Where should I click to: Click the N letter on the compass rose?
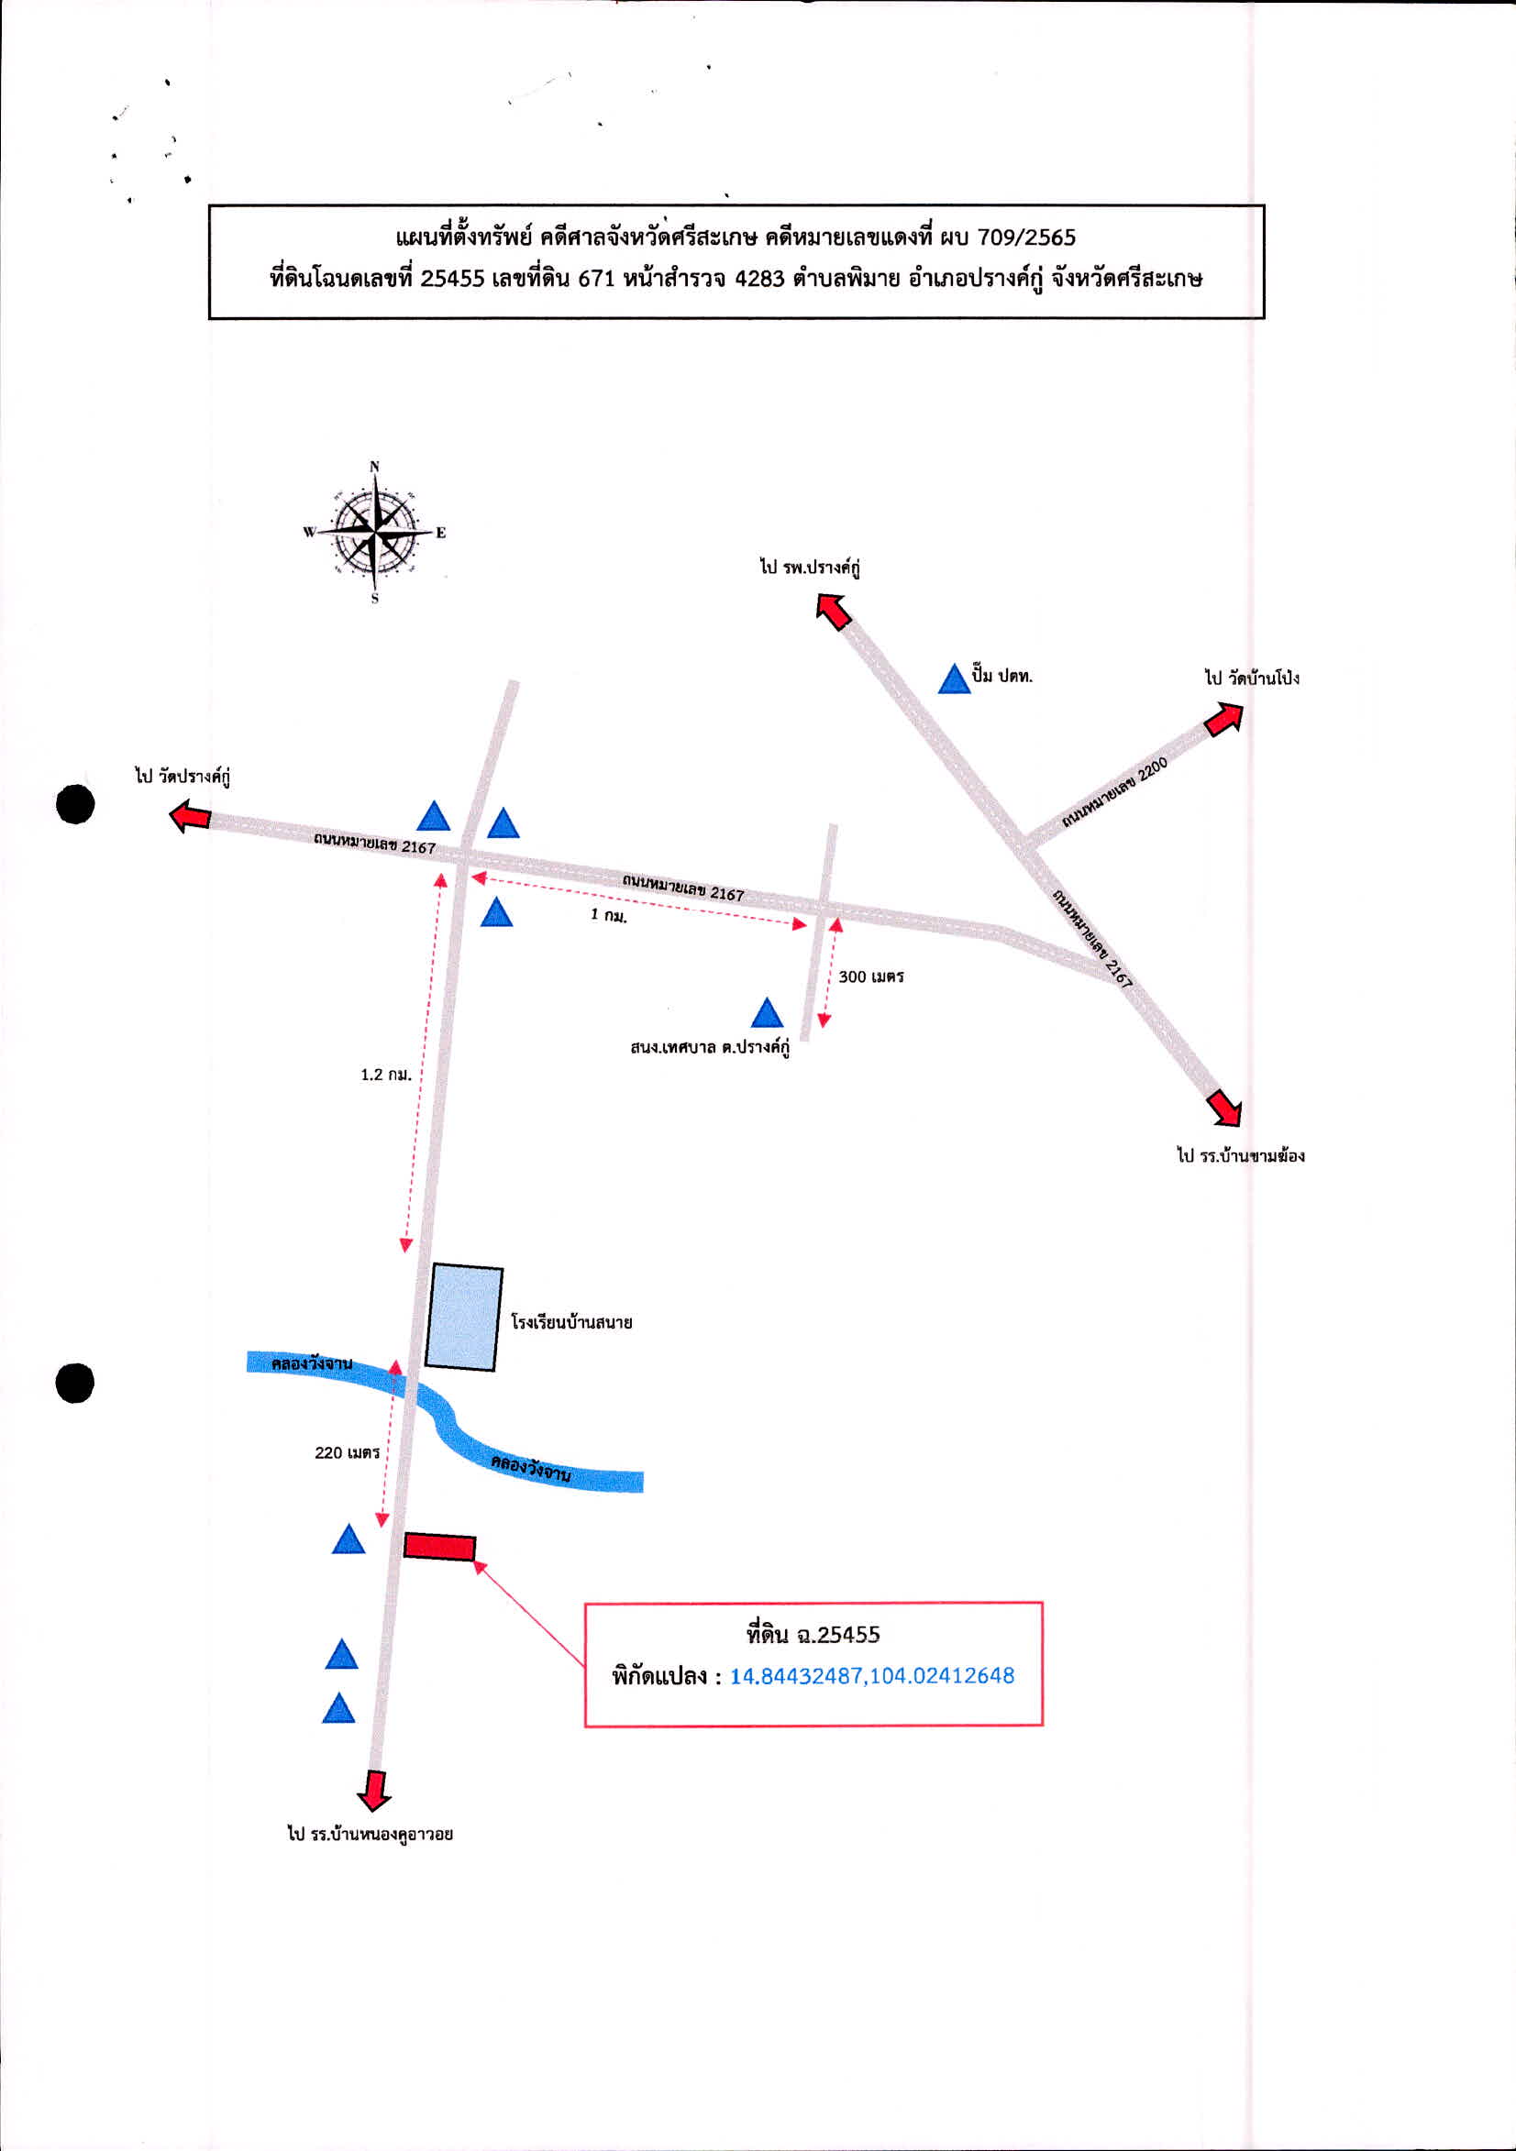click(375, 467)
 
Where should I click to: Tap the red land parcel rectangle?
click(439, 1547)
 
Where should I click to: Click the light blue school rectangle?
click(464, 1318)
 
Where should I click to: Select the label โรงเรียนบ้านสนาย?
click(571, 1323)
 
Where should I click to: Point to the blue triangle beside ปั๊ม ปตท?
click(954, 679)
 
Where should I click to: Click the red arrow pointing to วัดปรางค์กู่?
click(189, 816)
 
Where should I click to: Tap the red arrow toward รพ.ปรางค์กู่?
click(833, 611)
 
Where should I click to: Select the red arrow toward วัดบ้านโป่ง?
click(1223, 720)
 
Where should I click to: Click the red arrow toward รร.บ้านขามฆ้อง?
click(1224, 1108)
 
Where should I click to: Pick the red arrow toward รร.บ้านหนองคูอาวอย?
click(374, 1791)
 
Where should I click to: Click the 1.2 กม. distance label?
click(386, 1075)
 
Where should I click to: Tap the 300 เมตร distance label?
click(871, 977)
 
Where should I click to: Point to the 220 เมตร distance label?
click(347, 1453)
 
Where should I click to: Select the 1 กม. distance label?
click(609, 915)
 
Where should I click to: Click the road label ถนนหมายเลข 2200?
click(1115, 792)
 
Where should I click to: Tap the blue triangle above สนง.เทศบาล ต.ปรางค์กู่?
click(768, 1013)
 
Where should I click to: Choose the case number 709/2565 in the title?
click(1027, 237)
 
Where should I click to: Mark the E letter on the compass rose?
click(440, 533)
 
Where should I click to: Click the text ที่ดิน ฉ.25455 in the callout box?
click(813, 1635)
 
